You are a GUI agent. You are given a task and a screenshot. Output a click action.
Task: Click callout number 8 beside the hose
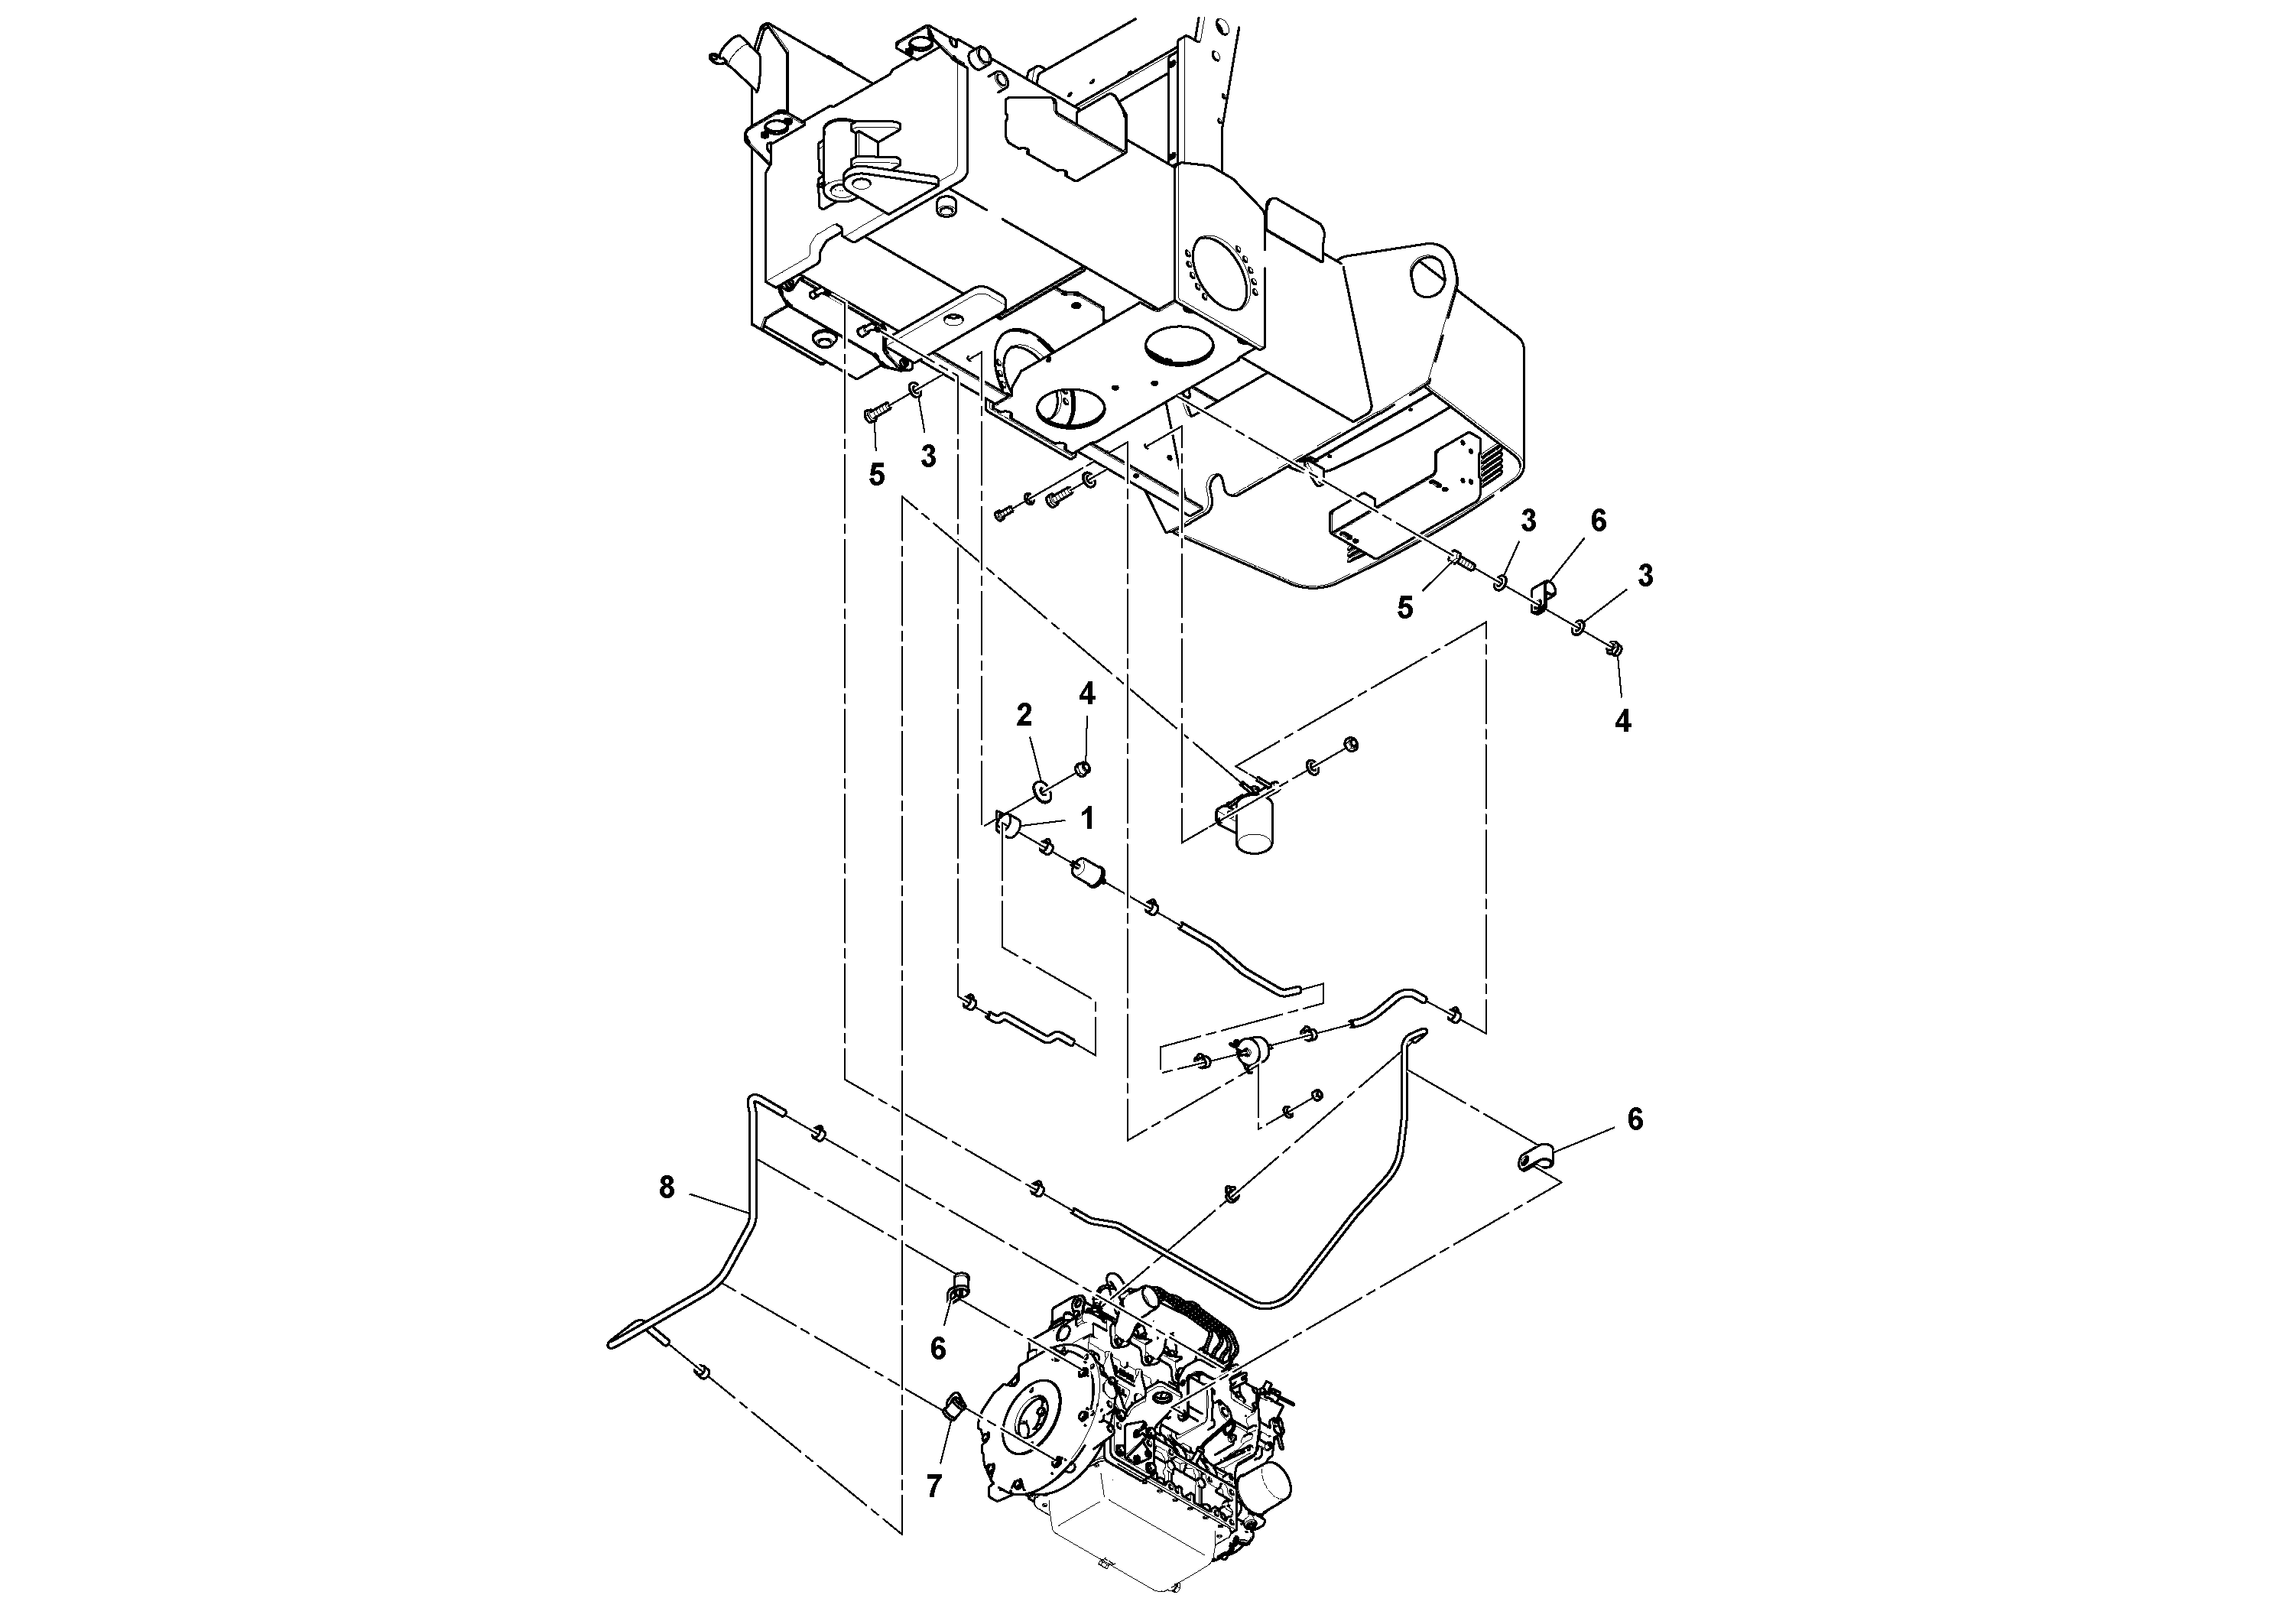(666, 1187)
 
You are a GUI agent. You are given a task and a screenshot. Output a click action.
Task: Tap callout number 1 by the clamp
(1086, 818)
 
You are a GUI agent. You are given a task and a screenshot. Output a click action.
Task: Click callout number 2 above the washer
(1024, 714)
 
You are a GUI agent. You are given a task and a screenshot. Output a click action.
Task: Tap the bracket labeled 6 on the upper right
(1543, 597)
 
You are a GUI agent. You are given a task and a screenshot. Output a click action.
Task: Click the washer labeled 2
(1043, 790)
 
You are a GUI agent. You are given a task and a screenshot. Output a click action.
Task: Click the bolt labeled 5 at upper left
(872, 414)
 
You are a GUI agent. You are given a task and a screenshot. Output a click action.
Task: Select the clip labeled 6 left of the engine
(959, 1285)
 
